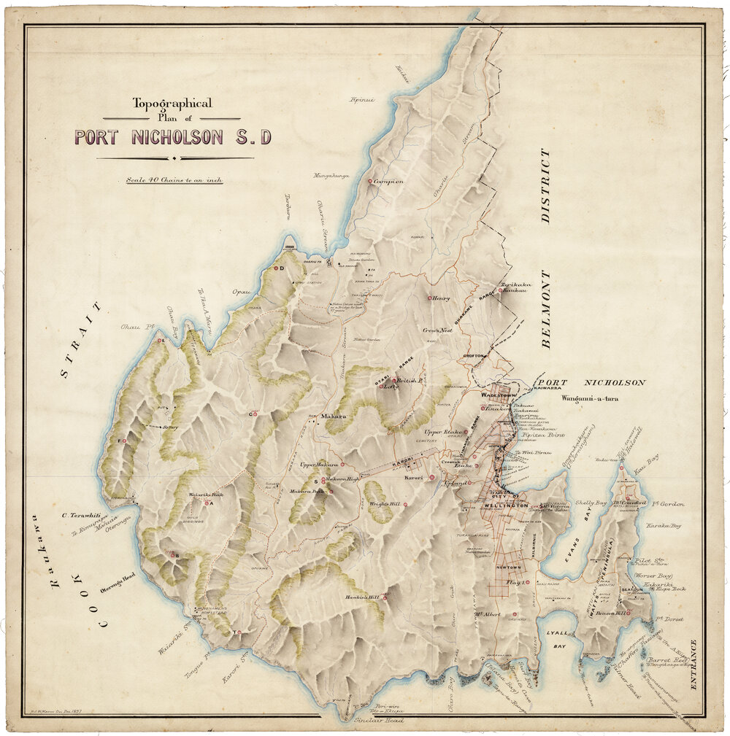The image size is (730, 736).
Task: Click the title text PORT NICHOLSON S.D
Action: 172,137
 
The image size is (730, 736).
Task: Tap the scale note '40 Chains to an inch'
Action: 174,179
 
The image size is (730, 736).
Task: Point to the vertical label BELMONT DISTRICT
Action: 545,248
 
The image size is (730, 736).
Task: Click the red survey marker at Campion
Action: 370,182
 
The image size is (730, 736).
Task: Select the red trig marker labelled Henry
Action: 430,298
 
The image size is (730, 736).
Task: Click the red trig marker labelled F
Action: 125,441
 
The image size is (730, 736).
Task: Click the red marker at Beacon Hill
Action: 627,613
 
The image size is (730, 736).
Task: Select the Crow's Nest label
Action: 437,330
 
